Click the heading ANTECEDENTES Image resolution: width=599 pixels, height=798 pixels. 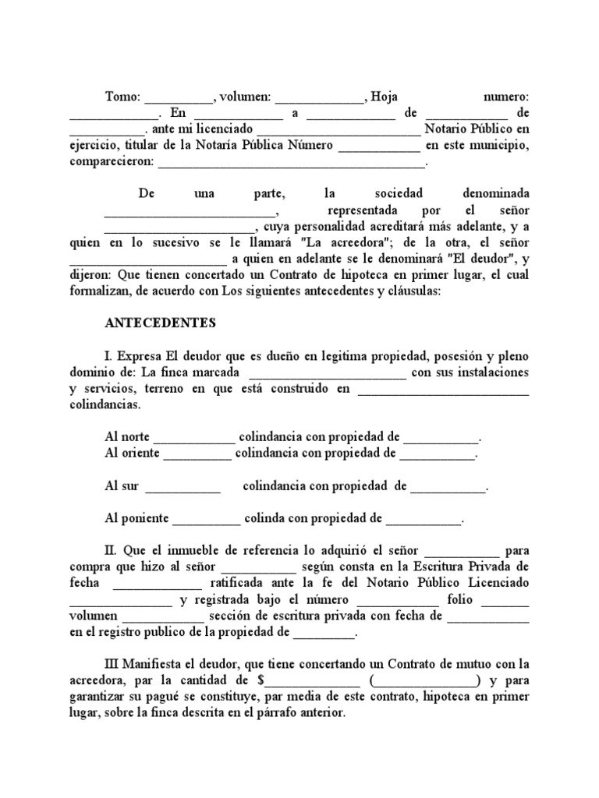[160, 321]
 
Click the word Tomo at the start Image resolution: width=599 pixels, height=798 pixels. [122, 97]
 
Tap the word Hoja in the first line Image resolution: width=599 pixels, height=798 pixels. [385, 97]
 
